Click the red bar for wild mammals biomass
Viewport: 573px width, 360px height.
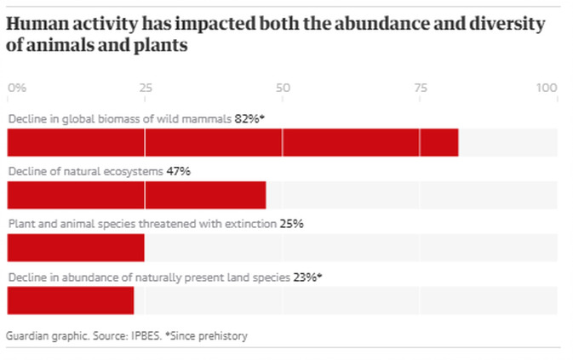pyautogui.click(x=232, y=142)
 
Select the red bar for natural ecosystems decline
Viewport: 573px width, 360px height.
pyautogui.click(x=136, y=195)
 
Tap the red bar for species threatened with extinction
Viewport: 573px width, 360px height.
pyautogui.click(x=76, y=248)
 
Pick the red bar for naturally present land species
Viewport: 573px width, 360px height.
pyautogui.click(x=71, y=300)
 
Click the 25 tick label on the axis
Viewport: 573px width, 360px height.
pyautogui.click(x=146, y=88)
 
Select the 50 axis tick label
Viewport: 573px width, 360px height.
pyautogui.click(x=283, y=88)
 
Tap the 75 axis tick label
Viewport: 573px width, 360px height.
pyautogui.click(x=420, y=88)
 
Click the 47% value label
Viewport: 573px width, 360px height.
pyautogui.click(x=178, y=171)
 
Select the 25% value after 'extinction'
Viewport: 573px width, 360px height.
pyautogui.click(x=291, y=224)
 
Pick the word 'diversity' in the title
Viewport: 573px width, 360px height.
pyautogui.click(x=503, y=24)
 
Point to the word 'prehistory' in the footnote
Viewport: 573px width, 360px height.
pyautogui.click(x=223, y=335)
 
